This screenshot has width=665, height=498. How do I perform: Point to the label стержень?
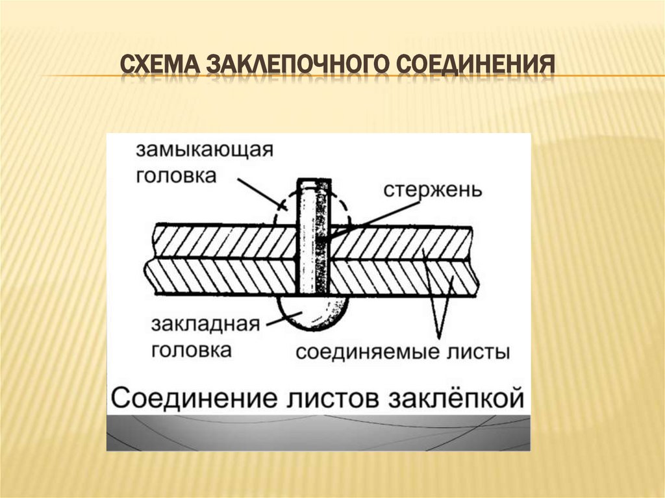[432, 190]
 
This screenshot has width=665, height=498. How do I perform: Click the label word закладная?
[206, 325]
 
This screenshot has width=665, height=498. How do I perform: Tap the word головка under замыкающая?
[176, 176]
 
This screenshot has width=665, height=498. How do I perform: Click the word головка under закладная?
[192, 350]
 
